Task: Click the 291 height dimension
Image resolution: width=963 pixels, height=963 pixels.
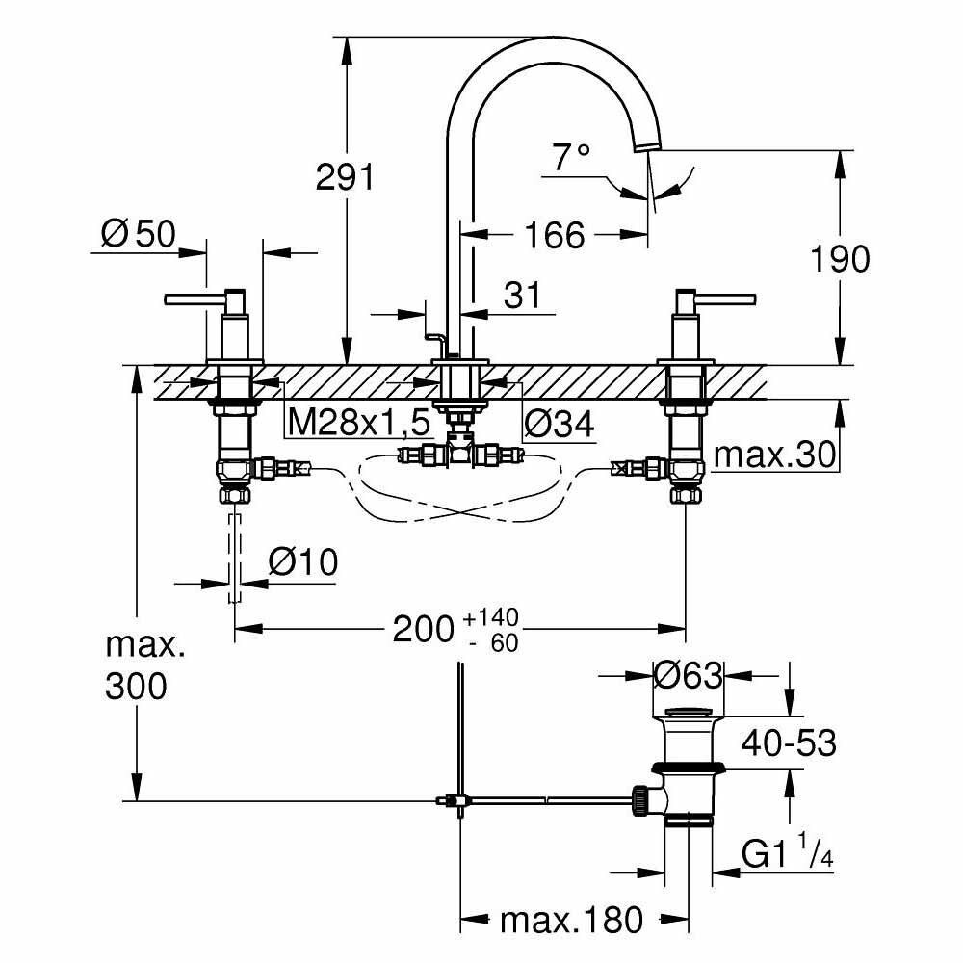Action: point(345,177)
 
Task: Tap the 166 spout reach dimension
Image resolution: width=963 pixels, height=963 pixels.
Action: point(556,234)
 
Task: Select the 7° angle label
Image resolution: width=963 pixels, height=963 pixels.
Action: point(570,157)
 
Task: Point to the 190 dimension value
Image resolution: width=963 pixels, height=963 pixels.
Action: point(840,258)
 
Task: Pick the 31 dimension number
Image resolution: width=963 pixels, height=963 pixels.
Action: point(523,296)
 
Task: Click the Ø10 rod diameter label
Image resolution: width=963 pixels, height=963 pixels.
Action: point(302,562)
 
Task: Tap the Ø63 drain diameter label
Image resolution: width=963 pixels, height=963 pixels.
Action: point(688,677)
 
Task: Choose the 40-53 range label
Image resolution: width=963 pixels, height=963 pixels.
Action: point(789,742)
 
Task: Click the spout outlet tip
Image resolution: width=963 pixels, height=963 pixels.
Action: point(648,145)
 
